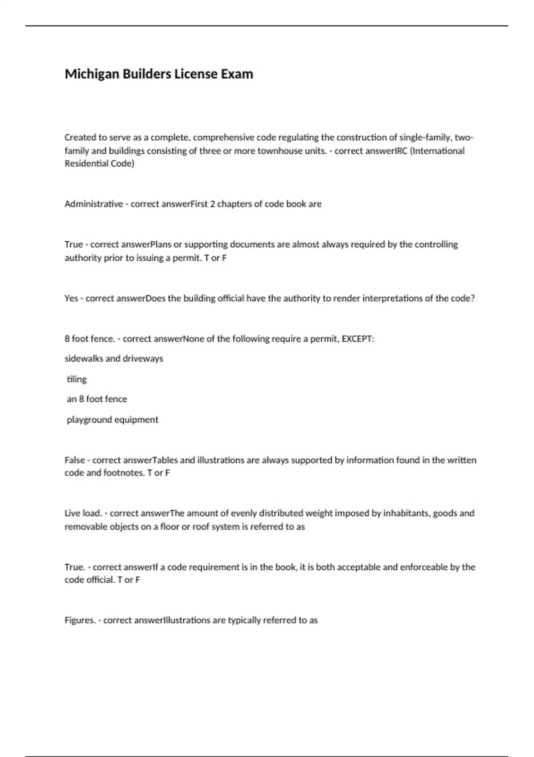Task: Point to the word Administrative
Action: tap(93, 204)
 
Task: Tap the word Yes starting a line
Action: tap(71, 298)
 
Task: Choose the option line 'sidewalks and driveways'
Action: tap(114, 358)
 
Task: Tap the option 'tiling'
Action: tap(77, 379)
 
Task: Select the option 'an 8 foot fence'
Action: tap(97, 399)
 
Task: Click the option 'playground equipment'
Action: tap(112, 419)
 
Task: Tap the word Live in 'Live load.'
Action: tap(73, 513)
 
